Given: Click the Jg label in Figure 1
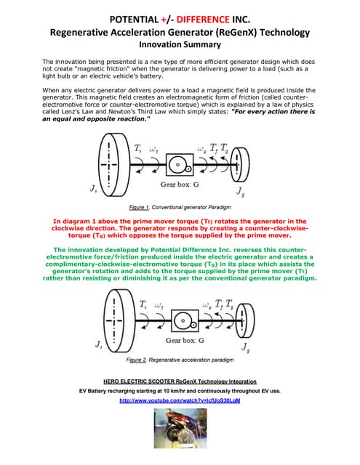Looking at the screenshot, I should coord(240,192).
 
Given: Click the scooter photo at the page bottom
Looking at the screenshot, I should coord(180,436).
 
